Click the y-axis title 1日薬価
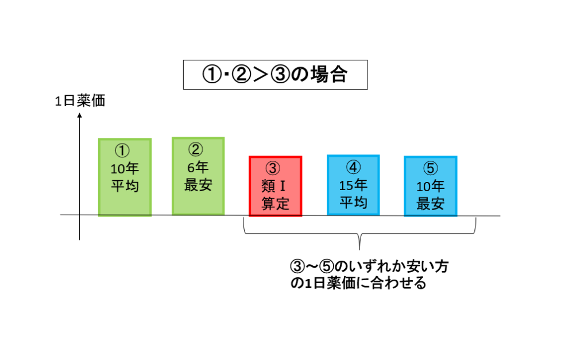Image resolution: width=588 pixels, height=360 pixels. pyautogui.click(x=80, y=101)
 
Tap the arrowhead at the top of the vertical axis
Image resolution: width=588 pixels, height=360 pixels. pyautogui.click(x=79, y=115)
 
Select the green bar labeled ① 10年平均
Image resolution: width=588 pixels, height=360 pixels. pyautogui.click(x=125, y=177)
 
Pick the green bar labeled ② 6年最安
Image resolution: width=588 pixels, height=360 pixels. pyautogui.click(x=198, y=176)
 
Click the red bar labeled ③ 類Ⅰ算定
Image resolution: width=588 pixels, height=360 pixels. pyautogui.click(x=275, y=187)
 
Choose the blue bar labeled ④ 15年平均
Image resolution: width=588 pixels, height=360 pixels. pyautogui.click(x=353, y=185)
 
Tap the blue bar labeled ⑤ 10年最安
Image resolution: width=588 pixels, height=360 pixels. pyautogui.click(x=431, y=187)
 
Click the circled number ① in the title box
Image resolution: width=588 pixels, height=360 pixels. pyautogui.click(x=212, y=74)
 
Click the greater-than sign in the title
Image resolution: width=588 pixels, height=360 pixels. pyautogui.click(x=261, y=74)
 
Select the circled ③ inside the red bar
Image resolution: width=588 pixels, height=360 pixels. pyautogui.click(x=273, y=168)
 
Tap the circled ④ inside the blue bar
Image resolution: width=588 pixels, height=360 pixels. pyautogui.click(x=353, y=167)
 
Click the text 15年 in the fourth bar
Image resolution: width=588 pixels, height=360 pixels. pyautogui.click(x=353, y=185)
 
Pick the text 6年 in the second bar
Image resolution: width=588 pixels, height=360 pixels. pyautogui.click(x=198, y=167)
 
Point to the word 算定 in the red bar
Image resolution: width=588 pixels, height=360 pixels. pyautogui.click(x=275, y=204)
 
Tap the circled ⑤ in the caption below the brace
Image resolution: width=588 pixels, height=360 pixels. pyautogui.click(x=326, y=266)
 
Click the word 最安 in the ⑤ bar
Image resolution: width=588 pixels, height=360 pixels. pyautogui.click(x=431, y=204)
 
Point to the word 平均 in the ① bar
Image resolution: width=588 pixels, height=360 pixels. pyautogui.click(x=125, y=186)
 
